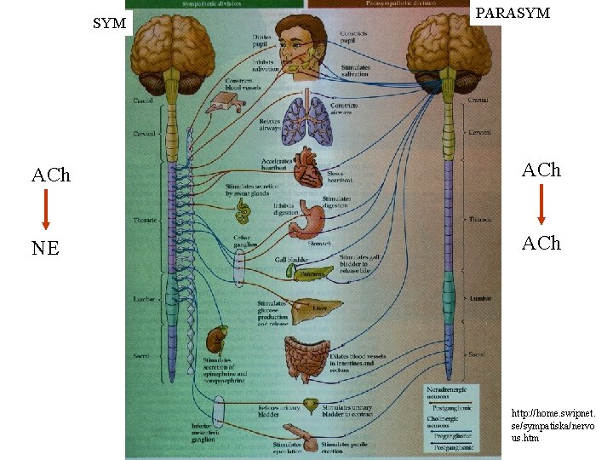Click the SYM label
109,24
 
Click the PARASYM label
512,14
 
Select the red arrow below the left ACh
45,209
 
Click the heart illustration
307,166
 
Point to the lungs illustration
306,120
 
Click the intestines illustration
307,358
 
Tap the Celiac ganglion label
244,242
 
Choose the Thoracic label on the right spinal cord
479,220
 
